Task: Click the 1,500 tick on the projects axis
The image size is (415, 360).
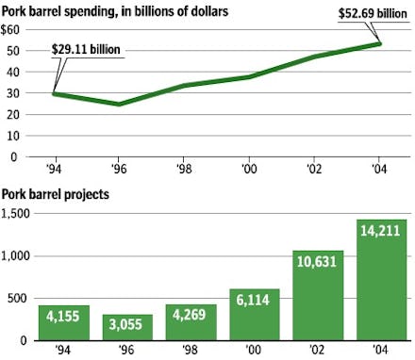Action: pos(16,214)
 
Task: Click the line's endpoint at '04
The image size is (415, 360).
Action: pos(380,43)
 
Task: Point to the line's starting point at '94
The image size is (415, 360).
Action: pos(55,93)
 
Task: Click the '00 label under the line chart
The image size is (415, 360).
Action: pos(250,171)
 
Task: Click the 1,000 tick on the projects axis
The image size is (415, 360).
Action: pos(16,256)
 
